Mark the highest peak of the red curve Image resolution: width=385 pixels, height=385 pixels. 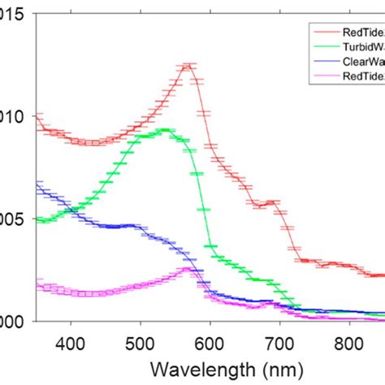tap(188, 66)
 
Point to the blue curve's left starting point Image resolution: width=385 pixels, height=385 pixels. tap(37, 186)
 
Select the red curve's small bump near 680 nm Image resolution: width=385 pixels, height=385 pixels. tap(265, 203)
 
